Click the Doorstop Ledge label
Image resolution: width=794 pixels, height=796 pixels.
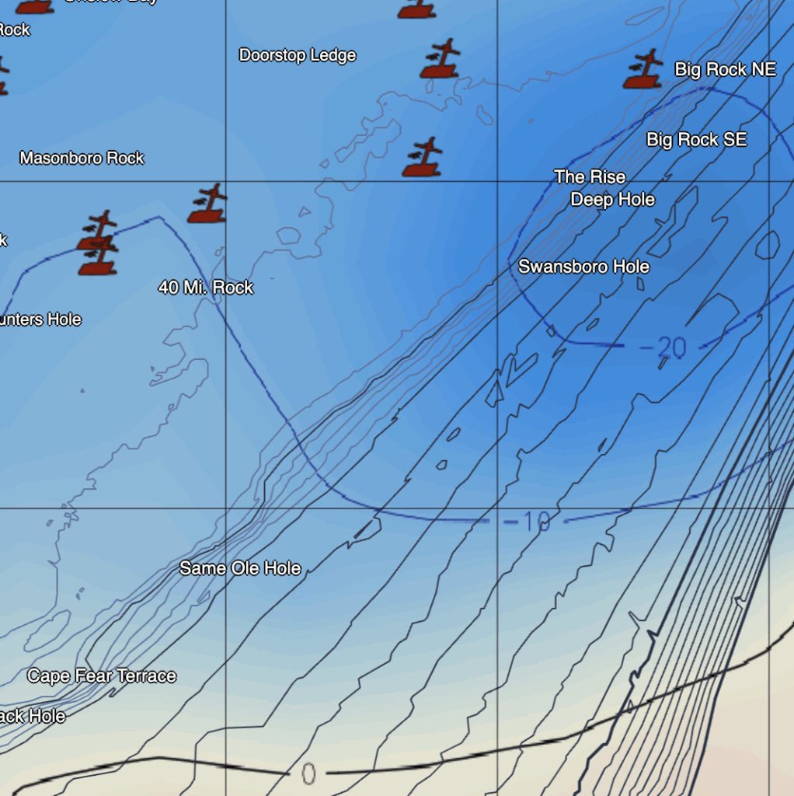tap(298, 55)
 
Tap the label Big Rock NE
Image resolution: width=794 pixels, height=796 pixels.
tap(725, 69)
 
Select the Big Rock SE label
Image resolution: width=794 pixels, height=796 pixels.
tap(696, 139)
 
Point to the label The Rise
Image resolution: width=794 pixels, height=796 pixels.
tap(590, 177)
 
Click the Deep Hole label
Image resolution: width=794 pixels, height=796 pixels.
tap(612, 200)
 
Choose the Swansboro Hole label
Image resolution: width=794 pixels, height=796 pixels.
tap(583, 267)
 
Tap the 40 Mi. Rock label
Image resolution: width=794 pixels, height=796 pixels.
tap(206, 288)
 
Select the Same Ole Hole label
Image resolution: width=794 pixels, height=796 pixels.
tap(240, 568)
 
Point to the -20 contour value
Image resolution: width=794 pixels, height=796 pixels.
tap(663, 347)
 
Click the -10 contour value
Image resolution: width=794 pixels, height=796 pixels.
tap(527, 521)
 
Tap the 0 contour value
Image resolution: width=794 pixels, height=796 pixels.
tap(308, 774)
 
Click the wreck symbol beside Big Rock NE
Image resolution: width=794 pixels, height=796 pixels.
tap(643, 70)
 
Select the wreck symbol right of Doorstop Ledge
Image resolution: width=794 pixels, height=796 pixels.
tap(441, 60)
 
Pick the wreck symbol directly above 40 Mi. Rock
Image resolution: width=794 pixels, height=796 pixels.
tap(207, 204)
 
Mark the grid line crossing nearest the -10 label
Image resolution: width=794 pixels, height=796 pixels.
tap(497, 509)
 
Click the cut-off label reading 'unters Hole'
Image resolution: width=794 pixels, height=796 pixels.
tap(40, 319)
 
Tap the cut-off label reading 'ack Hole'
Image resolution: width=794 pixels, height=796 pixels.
tap(33, 716)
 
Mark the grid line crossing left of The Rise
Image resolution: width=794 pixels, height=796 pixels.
tap(497, 182)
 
